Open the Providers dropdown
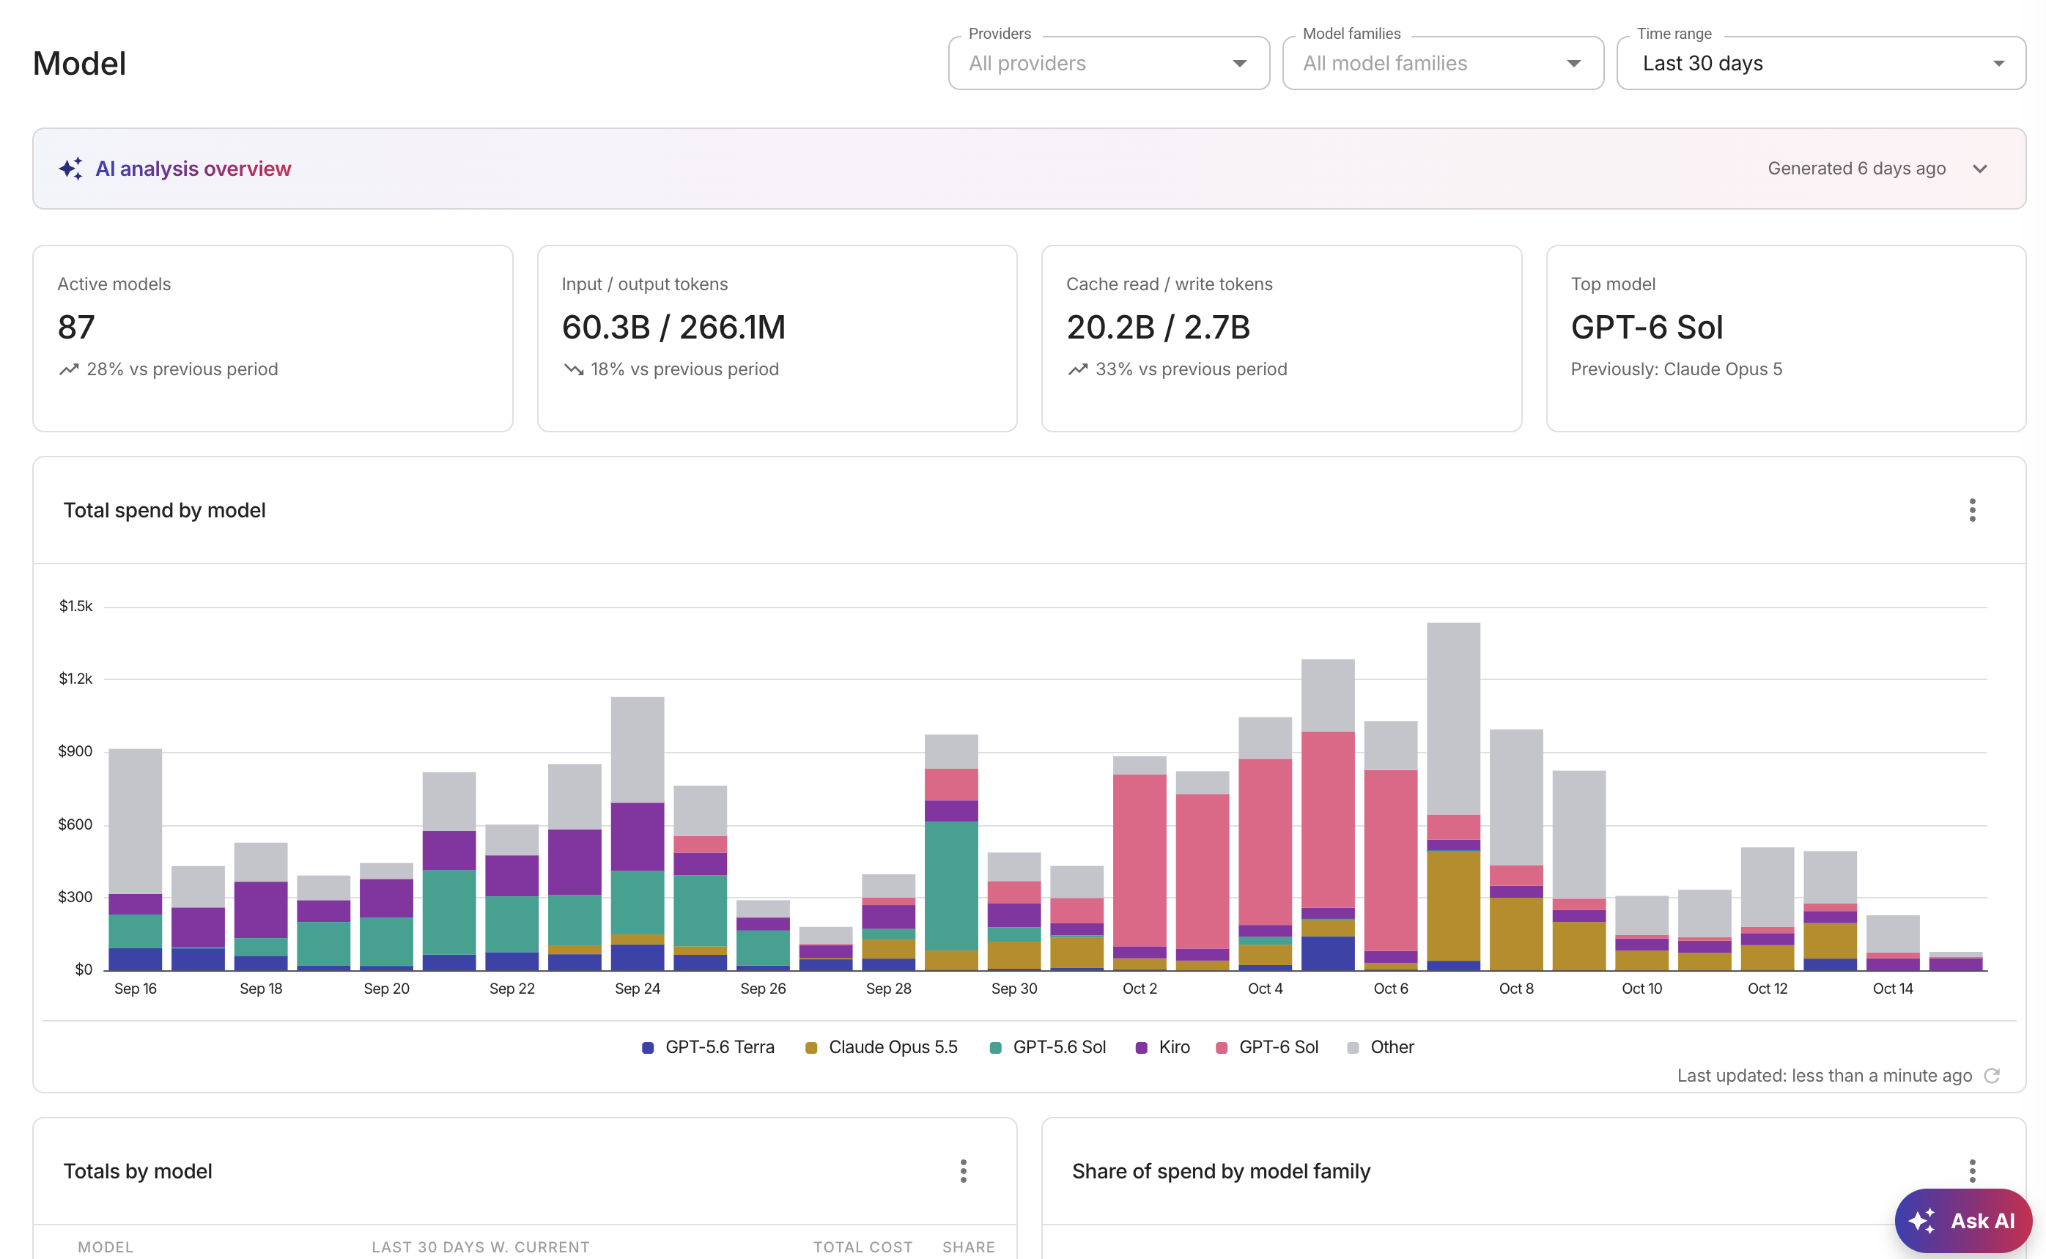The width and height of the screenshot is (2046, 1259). coord(1109,63)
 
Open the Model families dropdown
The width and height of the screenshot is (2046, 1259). coord(1442,63)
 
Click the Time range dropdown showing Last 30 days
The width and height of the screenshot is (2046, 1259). coord(1820,63)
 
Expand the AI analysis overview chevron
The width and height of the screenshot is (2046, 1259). coord(1979,169)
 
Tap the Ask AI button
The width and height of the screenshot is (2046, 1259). coord(1962,1221)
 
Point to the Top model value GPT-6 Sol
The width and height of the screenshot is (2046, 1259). coord(1647,328)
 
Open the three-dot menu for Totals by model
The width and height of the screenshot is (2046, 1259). coord(963,1172)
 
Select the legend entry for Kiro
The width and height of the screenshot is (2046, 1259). coord(1163,1047)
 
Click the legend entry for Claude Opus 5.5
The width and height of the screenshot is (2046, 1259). coord(882,1047)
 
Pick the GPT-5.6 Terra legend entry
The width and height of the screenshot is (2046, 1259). coord(709,1047)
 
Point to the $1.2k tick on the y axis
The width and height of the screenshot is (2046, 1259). coord(75,679)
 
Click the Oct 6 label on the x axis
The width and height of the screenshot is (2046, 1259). coord(1391,989)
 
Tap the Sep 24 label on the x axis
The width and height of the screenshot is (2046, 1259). coord(638,989)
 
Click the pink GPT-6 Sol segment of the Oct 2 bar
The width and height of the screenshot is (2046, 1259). coord(1140,860)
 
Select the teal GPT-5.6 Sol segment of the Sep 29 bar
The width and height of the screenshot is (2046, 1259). coord(951,886)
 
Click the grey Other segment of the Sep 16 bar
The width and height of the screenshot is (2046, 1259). coord(136,821)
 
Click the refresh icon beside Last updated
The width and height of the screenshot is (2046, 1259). coord(1992,1076)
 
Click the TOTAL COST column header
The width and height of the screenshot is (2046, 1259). coord(863,1247)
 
